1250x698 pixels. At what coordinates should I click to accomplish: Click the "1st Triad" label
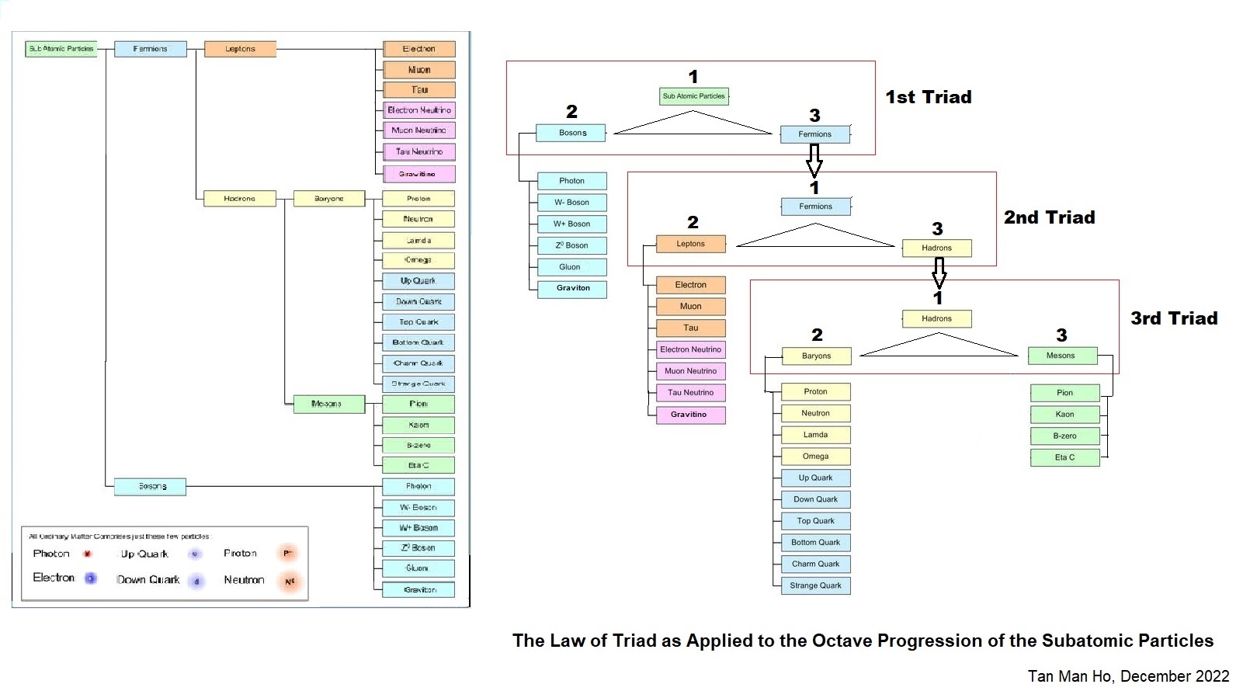click(929, 97)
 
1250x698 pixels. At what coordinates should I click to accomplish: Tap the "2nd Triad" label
click(1049, 217)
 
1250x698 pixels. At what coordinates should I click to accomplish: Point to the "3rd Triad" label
click(1174, 318)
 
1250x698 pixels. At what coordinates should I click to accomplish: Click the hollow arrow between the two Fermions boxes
click(814, 161)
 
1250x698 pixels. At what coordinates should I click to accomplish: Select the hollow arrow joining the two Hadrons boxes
click(939, 273)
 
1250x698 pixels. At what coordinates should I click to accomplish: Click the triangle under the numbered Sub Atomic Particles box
click(693, 124)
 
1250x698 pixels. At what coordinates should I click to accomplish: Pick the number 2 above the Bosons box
click(571, 112)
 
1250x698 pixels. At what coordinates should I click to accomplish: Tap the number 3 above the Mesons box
click(1061, 335)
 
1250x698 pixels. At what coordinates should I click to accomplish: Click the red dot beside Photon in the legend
click(88, 554)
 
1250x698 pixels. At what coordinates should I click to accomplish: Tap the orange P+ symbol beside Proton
click(288, 554)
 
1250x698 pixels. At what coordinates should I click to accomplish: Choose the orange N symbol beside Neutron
click(290, 582)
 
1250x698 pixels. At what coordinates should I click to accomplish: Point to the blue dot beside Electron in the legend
click(91, 578)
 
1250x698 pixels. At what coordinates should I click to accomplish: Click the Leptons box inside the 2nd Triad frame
click(690, 244)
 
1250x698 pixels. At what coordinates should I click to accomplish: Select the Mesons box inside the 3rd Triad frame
click(1061, 356)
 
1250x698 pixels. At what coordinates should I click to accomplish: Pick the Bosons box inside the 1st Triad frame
click(572, 133)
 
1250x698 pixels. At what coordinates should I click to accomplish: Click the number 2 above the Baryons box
click(817, 335)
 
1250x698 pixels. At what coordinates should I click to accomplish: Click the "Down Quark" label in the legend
click(148, 580)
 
